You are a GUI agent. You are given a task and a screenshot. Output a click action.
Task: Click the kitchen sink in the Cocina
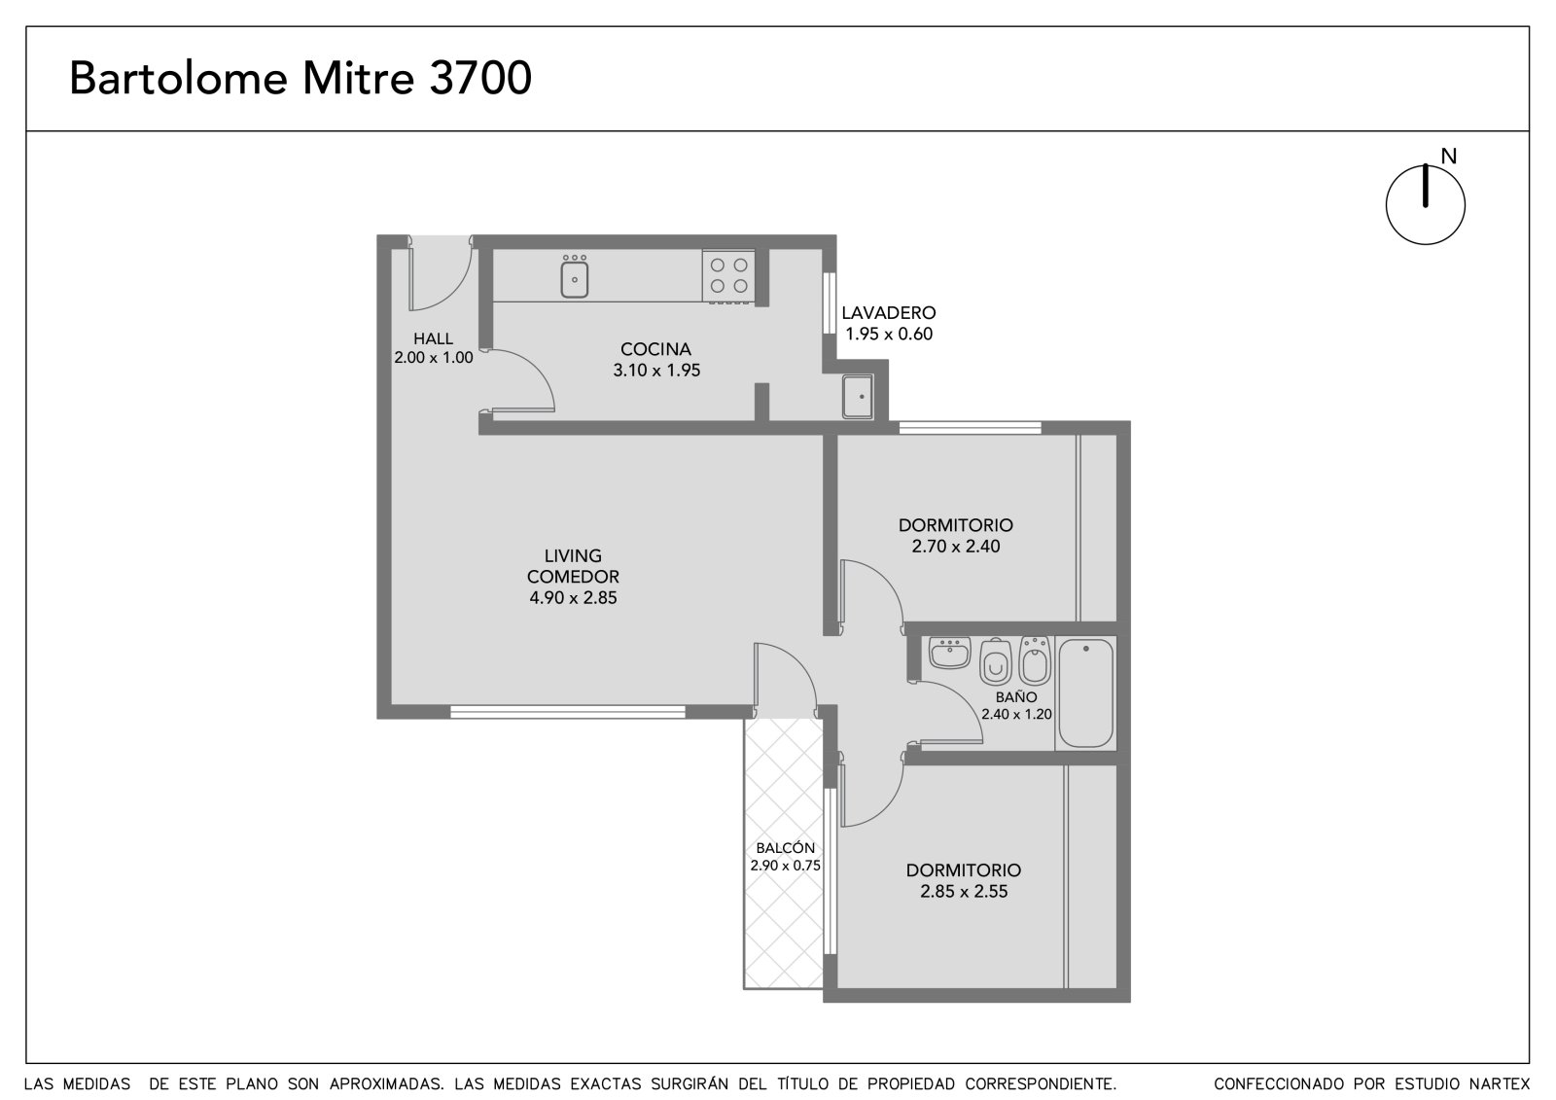click(x=575, y=276)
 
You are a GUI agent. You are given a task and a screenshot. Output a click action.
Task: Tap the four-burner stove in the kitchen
click(x=728, y=276)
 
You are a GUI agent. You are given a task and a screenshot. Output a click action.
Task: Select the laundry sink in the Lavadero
click(x=858, y=397)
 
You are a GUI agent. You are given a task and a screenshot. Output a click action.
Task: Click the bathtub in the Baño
click(x=1085, y=692)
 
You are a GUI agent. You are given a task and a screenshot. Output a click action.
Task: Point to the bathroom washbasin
click(x=949, y=654)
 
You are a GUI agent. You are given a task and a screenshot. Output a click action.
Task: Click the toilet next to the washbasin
click(x=996, y=661)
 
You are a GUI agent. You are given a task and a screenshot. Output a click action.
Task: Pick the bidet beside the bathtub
click(x=1035, y=660)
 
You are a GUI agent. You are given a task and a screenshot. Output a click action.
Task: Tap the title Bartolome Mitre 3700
click(x=301, y=78)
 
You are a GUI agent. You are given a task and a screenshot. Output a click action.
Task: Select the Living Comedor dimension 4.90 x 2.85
click(x=573, y=597)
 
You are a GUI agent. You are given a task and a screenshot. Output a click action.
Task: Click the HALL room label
click(x=434, y=338)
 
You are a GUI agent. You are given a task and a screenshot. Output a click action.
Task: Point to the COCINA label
click(x=655, y=349)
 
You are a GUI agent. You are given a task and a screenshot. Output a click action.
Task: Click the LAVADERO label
click(x=889, y=313)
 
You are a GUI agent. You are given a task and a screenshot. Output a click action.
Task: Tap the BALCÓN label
click(x=785, y=848)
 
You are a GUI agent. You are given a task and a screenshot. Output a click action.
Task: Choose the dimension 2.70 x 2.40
click(x=956, y=547)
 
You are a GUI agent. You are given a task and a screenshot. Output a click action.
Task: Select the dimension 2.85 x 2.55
click(x=964, y=892)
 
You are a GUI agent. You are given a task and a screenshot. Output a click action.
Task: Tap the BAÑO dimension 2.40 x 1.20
click(x=1016, y=714)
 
